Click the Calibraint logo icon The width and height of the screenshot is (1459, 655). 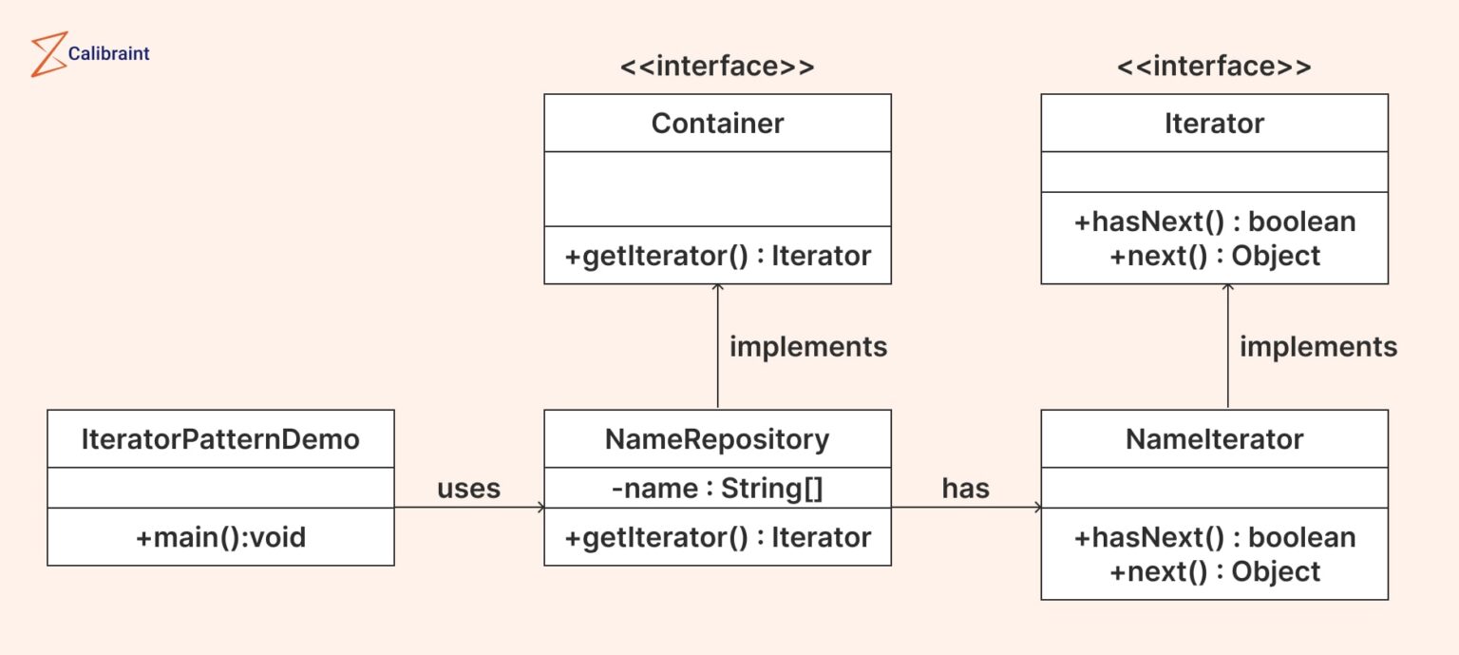tap(47, 54)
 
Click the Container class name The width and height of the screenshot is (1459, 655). tap(717, 124)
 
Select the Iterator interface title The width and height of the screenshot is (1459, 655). tap(1214, 124)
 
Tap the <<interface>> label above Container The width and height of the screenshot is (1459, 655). tap(717, 67)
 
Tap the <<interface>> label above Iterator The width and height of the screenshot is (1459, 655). tap(1214, 67)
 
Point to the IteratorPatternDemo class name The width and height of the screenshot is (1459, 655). tap(220, 439)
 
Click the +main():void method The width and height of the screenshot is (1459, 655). tap(220, 537)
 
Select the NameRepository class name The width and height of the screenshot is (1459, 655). tap(717, 439)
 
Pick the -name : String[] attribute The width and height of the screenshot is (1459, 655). tap(717, 489)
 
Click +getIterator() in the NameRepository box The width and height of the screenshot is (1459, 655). tap(717, 537)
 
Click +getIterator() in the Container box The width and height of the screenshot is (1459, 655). tap(717, 256)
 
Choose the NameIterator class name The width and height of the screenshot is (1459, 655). tap(1214, 439)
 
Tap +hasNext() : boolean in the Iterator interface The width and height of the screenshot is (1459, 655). tap(1214, 222)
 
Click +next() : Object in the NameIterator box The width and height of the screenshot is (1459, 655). tap(1214, 571)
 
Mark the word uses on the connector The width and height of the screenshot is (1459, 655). tap(468, 489)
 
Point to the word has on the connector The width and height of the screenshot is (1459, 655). tap(965, 489)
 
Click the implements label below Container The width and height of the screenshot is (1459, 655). tap(807, 347)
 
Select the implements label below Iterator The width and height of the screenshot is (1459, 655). tap(1317, 347)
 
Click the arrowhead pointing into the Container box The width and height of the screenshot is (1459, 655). tap(717, 288)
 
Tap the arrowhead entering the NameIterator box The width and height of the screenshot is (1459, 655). tap(1036, 508)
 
